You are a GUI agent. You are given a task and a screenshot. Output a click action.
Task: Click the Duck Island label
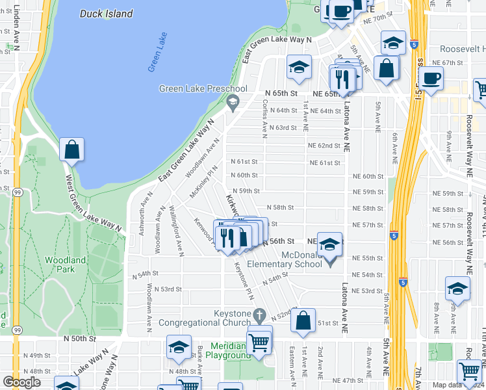click(x=107, y=14)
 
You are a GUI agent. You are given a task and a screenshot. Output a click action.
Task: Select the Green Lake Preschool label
click(x=203, y=89)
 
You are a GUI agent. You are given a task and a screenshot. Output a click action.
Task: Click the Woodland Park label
click(x=65, y=265)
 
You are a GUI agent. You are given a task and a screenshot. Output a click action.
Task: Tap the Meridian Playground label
click(x=230, y=351)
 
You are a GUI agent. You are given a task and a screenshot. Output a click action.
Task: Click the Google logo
click(x=21, y=382)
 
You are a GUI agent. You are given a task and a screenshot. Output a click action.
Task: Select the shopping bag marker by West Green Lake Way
click(x=71, y=149)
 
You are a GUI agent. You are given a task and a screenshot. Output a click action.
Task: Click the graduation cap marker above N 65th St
click(x=299, y=67)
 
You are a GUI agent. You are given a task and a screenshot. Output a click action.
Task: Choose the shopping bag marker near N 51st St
click(x=303, y=320)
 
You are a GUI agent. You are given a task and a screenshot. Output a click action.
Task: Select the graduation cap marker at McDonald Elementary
click(x=329, y=244)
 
